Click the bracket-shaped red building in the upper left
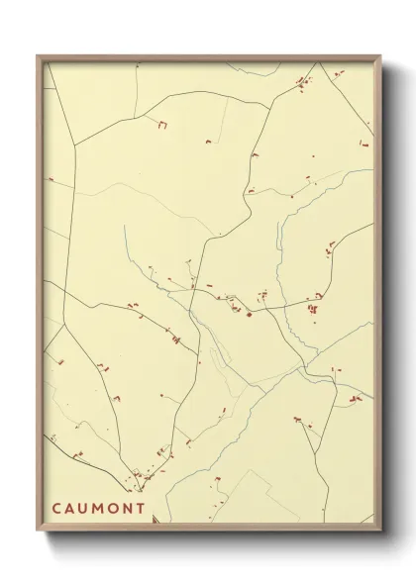(x=160, y=125)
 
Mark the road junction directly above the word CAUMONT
(x=140, y=484)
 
